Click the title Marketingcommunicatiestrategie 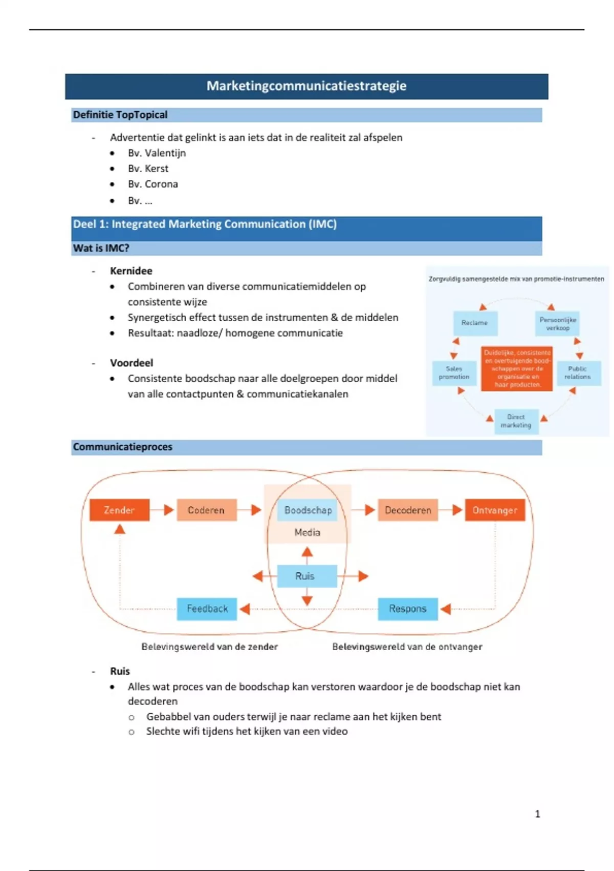pyautogui.click(x=306, y=86)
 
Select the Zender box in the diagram pyautogui.click(x=119, y=510)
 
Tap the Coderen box pyautogui.click(x=206, y=510)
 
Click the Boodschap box pyautogui.click(x=308, y=510)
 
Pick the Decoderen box pyautogui.click(x=408, y=510)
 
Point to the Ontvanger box pyautogui.click(x=495, y=510)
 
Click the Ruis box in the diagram pyautogui.click(x=306, y=576)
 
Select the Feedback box pyautogui.click(x=207, y=609)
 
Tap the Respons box pyautogui.click(x=408, y=609)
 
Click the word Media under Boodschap pyautogui.click(x=307, y=532)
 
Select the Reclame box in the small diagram pyautogui.click(x=475, y=323)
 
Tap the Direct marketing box pyautogui.click(x=516, y=421)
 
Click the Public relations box pyautogui.click(x=577, y=372)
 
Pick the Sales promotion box pyautogui.click(x=454, y=372)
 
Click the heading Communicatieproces pyautogui.click(x=123, y=447)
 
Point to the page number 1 pyautogui.click(x=537, y=814)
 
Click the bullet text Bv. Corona pyautogui.click(x=153, y=184)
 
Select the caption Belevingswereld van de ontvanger pyautogui.click(x=407, y=647)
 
